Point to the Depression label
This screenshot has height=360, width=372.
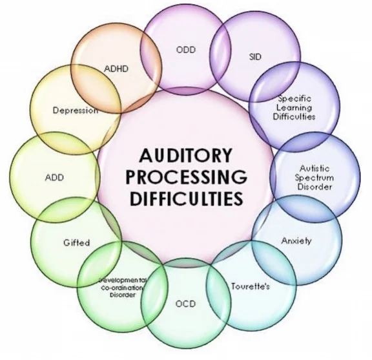[75, 110]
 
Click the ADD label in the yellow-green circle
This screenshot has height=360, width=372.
[54, 176]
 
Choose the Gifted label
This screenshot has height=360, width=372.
[76, 243]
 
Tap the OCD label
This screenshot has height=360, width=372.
[187, 304]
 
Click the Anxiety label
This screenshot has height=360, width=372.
[296, 240]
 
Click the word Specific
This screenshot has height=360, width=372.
[294, 99]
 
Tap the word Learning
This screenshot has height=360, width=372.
[294, 108]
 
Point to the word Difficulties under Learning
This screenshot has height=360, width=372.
[294, 118]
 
